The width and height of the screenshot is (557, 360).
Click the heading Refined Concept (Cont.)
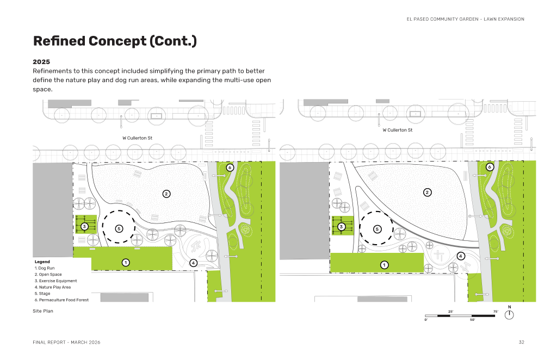point(115,41)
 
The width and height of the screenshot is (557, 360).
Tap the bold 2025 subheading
point(41,62)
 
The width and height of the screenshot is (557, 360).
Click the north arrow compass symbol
point(509,314)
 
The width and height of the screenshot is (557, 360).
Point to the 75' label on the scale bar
point(496,312)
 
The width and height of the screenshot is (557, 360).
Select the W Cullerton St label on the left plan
point(137,138)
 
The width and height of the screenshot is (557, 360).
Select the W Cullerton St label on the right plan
point(398,130)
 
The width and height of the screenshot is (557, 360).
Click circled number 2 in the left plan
point(166,194)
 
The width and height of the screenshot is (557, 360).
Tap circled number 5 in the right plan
point(377,229)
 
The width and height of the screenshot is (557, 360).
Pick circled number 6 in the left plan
point(230,167)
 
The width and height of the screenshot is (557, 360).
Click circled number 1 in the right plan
point(384,265)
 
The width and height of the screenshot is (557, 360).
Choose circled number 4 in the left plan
point(193,263)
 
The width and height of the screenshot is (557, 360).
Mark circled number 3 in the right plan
point(341,227)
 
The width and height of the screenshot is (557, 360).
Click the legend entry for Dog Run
point(45,268)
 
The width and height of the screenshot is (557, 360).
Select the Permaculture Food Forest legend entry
point(61,300)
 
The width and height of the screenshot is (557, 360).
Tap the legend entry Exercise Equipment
point(56,281)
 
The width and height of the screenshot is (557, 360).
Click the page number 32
point(521,342)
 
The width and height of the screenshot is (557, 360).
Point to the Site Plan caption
point(43,311)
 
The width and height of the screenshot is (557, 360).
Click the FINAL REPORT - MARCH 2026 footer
point(66,342)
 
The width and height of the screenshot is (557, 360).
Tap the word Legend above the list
point(42,262)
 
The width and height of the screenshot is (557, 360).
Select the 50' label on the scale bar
point(473,320)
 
